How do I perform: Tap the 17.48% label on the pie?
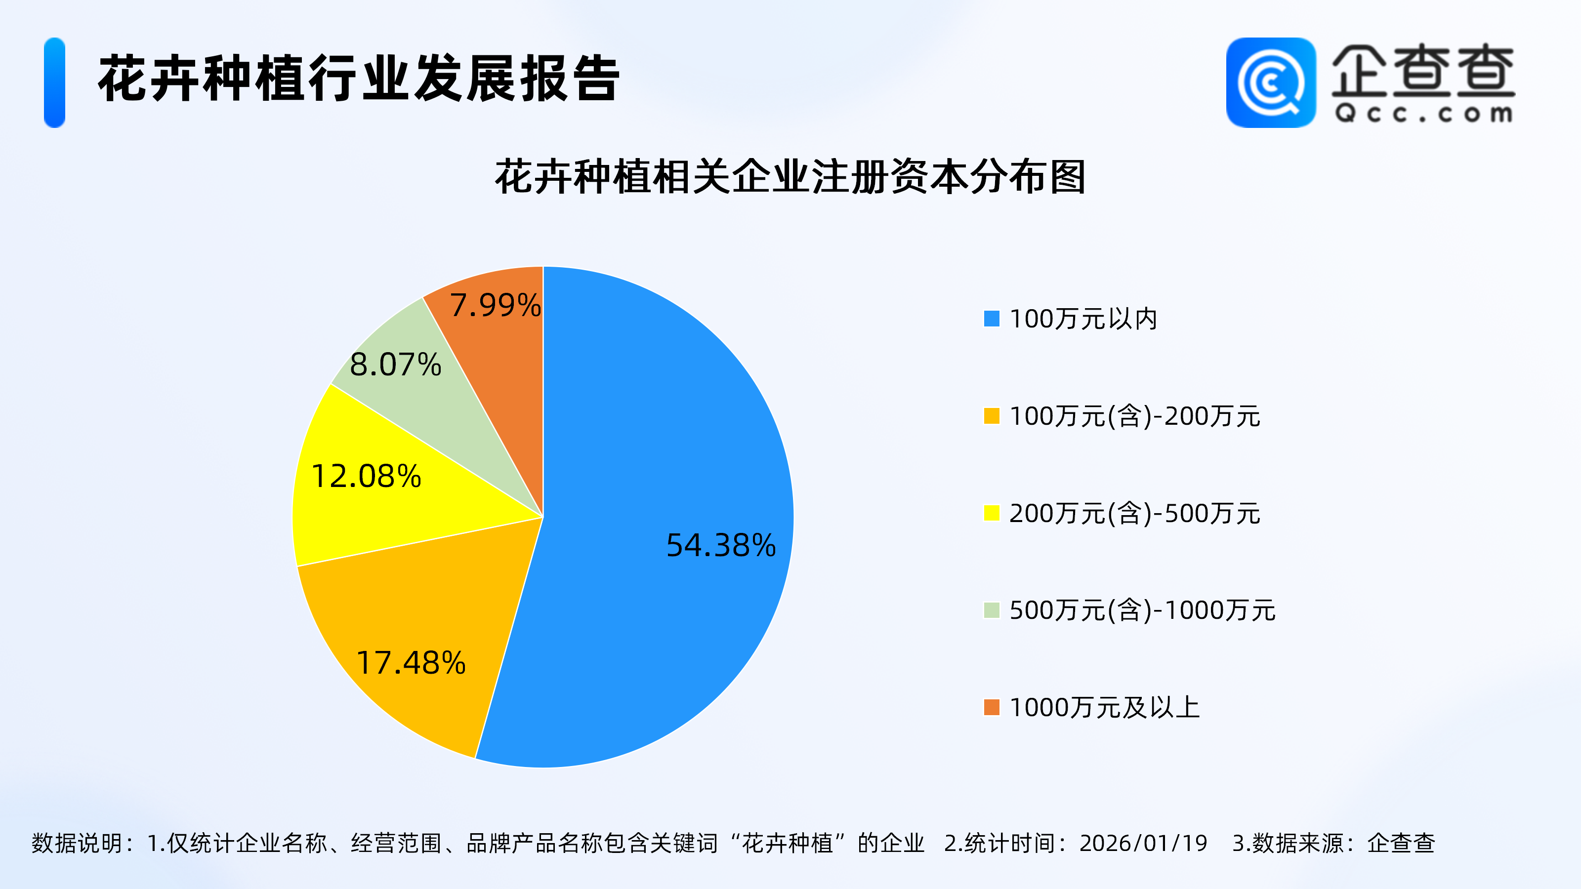pos(411,663)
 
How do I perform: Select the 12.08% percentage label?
pos(367,476)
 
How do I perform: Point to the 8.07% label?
pos(395,364)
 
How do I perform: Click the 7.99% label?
pos(495,305)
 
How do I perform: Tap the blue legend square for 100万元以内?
pos(991,319)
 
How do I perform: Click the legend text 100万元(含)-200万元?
pos(1134,416)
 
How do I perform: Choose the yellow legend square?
pos(991,513)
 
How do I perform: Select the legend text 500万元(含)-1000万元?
pos(1142,610)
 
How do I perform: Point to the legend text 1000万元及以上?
pos(1104,707)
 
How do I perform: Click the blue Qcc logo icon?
pos(1270,83)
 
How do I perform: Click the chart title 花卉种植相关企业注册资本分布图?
pos(790,177)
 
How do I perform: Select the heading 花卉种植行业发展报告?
pos(359,79)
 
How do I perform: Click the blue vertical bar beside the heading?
pos(55,83)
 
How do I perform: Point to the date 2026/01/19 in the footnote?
pos(1143,843)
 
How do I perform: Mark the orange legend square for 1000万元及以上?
pos(991,707)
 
